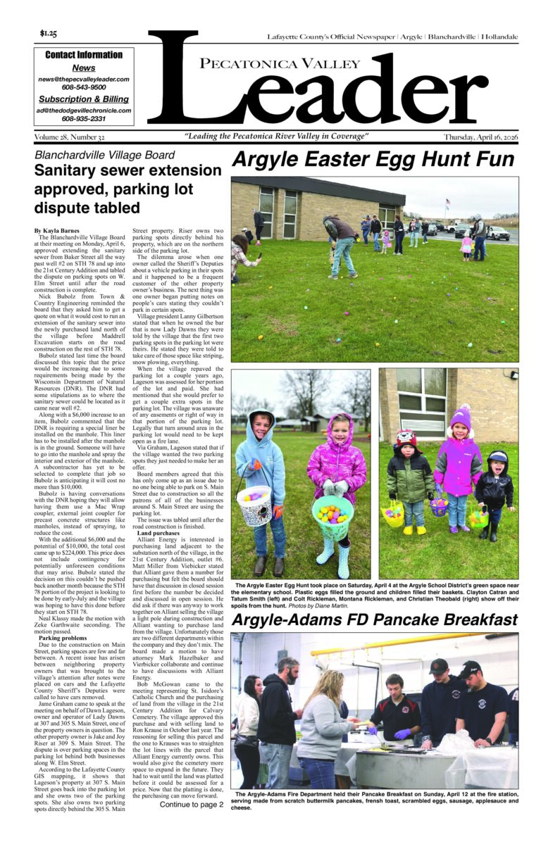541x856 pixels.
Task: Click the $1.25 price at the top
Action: (x=49, y=34)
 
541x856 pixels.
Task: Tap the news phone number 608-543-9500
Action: (x=84, y=88)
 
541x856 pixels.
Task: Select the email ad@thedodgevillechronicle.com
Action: (x=84, y=111)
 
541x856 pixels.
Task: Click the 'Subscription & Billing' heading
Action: (x=84, y=99)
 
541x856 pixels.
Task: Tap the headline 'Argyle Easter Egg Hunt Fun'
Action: (x=373, y=160)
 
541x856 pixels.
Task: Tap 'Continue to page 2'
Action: (x=191, y=804)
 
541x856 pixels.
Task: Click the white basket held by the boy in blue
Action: (x=254, y=505)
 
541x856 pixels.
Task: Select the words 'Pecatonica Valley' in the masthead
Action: (x=270, y=65)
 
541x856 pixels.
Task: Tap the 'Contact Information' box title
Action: (x=84, y=55)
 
